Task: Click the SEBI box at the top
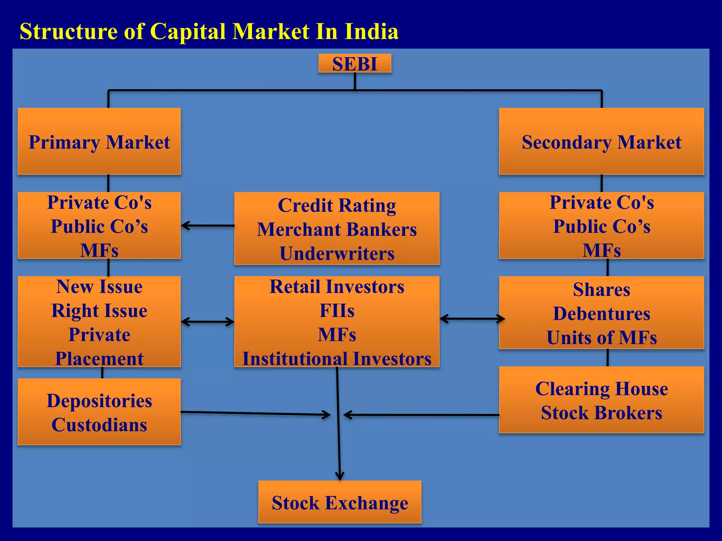coord(355,64)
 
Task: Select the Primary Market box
coord(99,142)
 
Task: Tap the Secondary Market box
coord(601,142)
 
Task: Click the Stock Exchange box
coord(339,502)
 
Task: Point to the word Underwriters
coord(337,253)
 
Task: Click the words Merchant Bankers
coord(337,229)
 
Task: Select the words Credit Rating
coord(337,205)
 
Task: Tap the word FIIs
coord(337,311)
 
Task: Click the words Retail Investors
coord(337,286)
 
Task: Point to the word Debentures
coord(601,313)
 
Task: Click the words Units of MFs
coord(601,337)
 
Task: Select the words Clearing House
coord(601,388)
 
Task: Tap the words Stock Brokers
coord(601,413)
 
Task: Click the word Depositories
coord(99,401)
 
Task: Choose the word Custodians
coord(99,425)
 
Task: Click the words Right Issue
coord(99,311)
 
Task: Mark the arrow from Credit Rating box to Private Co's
coord(208,225)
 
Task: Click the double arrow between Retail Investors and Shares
coord(472,319)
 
